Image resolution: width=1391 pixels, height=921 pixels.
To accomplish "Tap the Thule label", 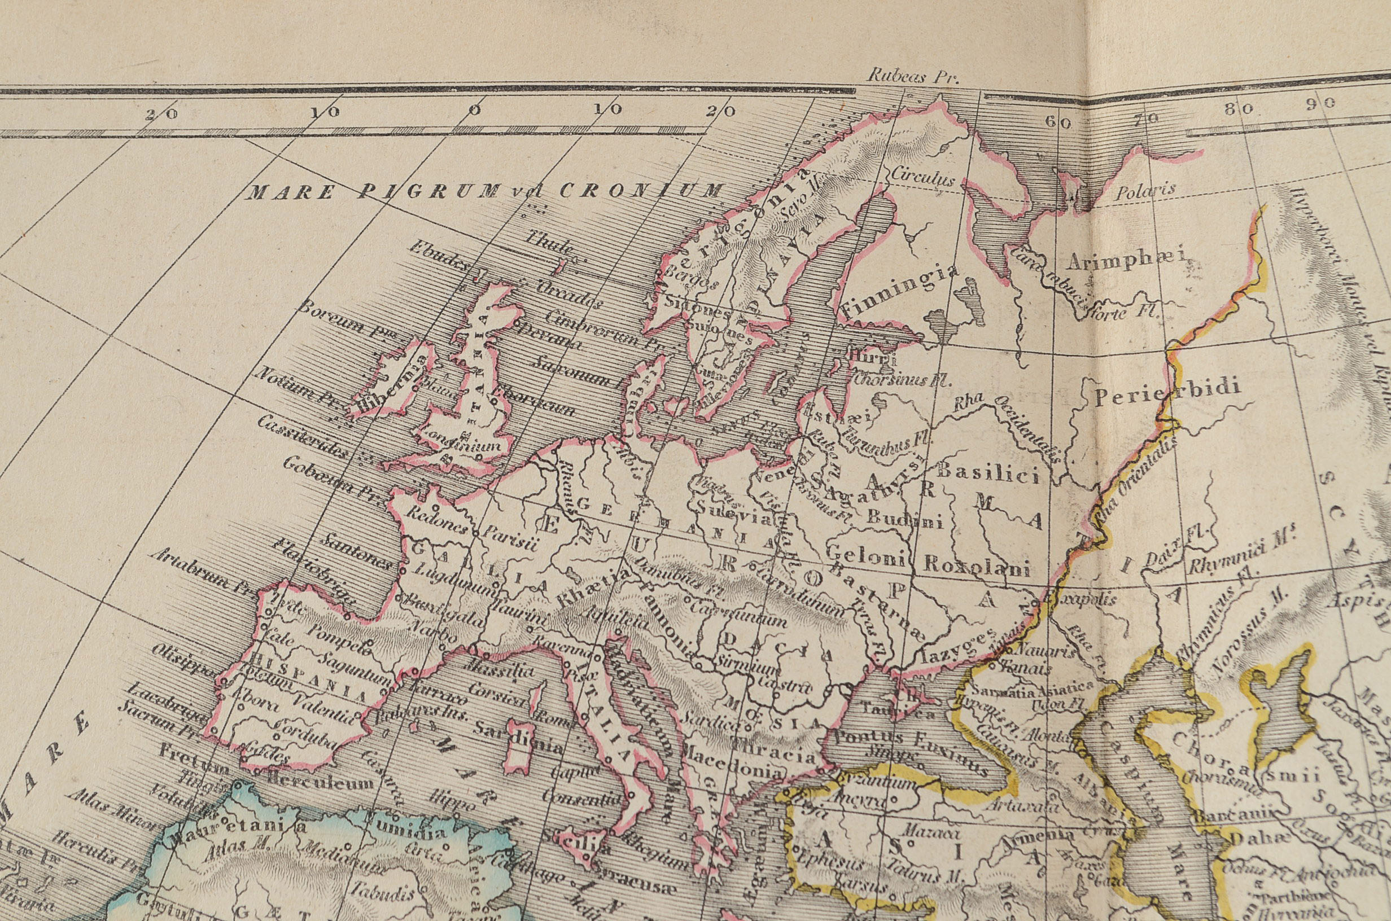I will [x=549, y=243].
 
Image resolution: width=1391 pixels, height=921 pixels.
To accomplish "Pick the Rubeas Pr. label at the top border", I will [x=912, y=77].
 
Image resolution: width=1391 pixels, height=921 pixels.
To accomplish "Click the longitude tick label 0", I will [x=475, y=110].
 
